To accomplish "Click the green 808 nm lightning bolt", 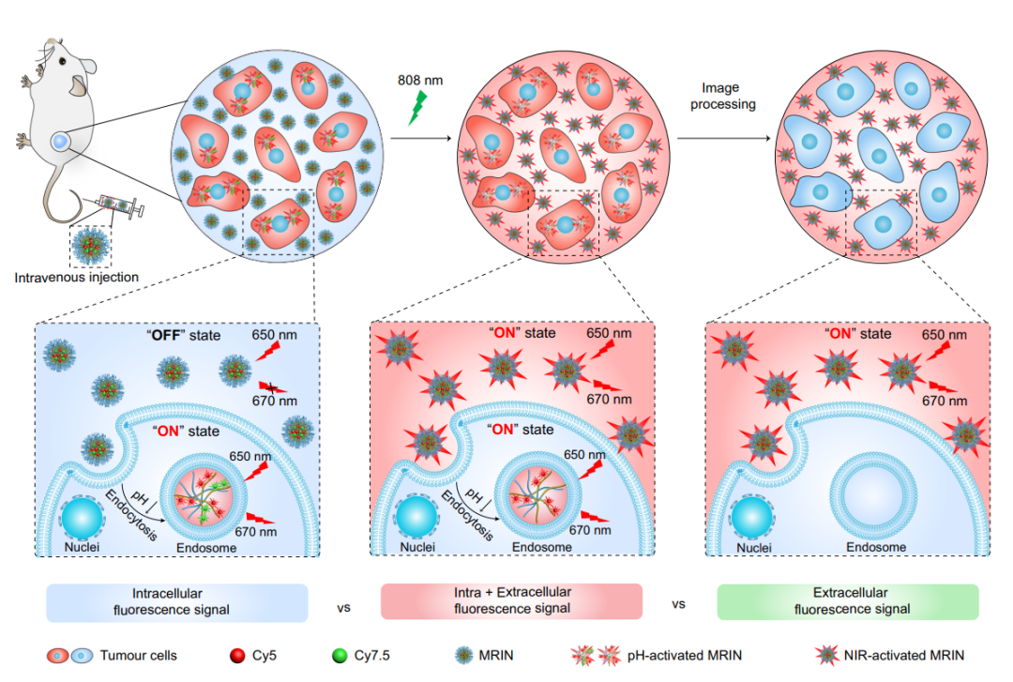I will click(418, 108).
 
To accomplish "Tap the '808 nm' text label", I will click(419, 80).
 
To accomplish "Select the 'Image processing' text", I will click(723, 96).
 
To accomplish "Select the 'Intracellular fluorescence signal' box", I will click(178, 601).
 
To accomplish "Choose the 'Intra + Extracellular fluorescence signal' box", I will click(511, 601).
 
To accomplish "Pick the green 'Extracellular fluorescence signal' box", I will click(847, 601).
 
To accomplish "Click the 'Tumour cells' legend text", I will click(137, 656).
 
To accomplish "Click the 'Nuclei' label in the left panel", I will click(83, 546).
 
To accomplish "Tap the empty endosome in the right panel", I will click(870, 495).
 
